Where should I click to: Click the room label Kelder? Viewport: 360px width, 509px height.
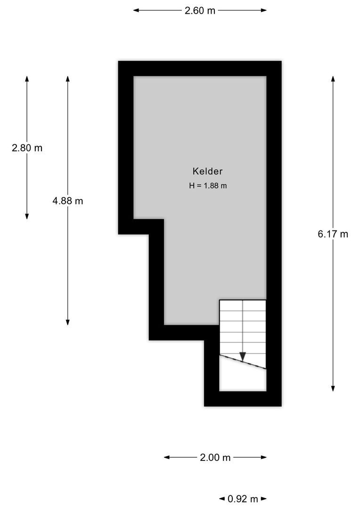[207, 172]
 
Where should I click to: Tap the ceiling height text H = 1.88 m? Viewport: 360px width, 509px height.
[208, 186]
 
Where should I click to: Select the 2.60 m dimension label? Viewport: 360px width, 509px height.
[200, 10]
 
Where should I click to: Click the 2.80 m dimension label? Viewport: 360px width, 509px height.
[27, 148]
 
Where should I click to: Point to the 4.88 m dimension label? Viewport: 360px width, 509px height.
[68, 201]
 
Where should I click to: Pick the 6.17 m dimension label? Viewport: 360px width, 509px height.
[333, 234]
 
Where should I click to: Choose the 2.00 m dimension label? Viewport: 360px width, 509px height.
[215, 457]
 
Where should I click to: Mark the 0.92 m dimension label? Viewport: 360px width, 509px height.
[243, 499]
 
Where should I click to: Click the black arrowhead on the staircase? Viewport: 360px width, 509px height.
[243, 357]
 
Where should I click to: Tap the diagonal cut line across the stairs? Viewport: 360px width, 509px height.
[243, 362]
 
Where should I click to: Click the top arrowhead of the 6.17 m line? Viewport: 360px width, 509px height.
[333, 79]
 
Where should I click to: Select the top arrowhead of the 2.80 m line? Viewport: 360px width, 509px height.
[27, 79]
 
